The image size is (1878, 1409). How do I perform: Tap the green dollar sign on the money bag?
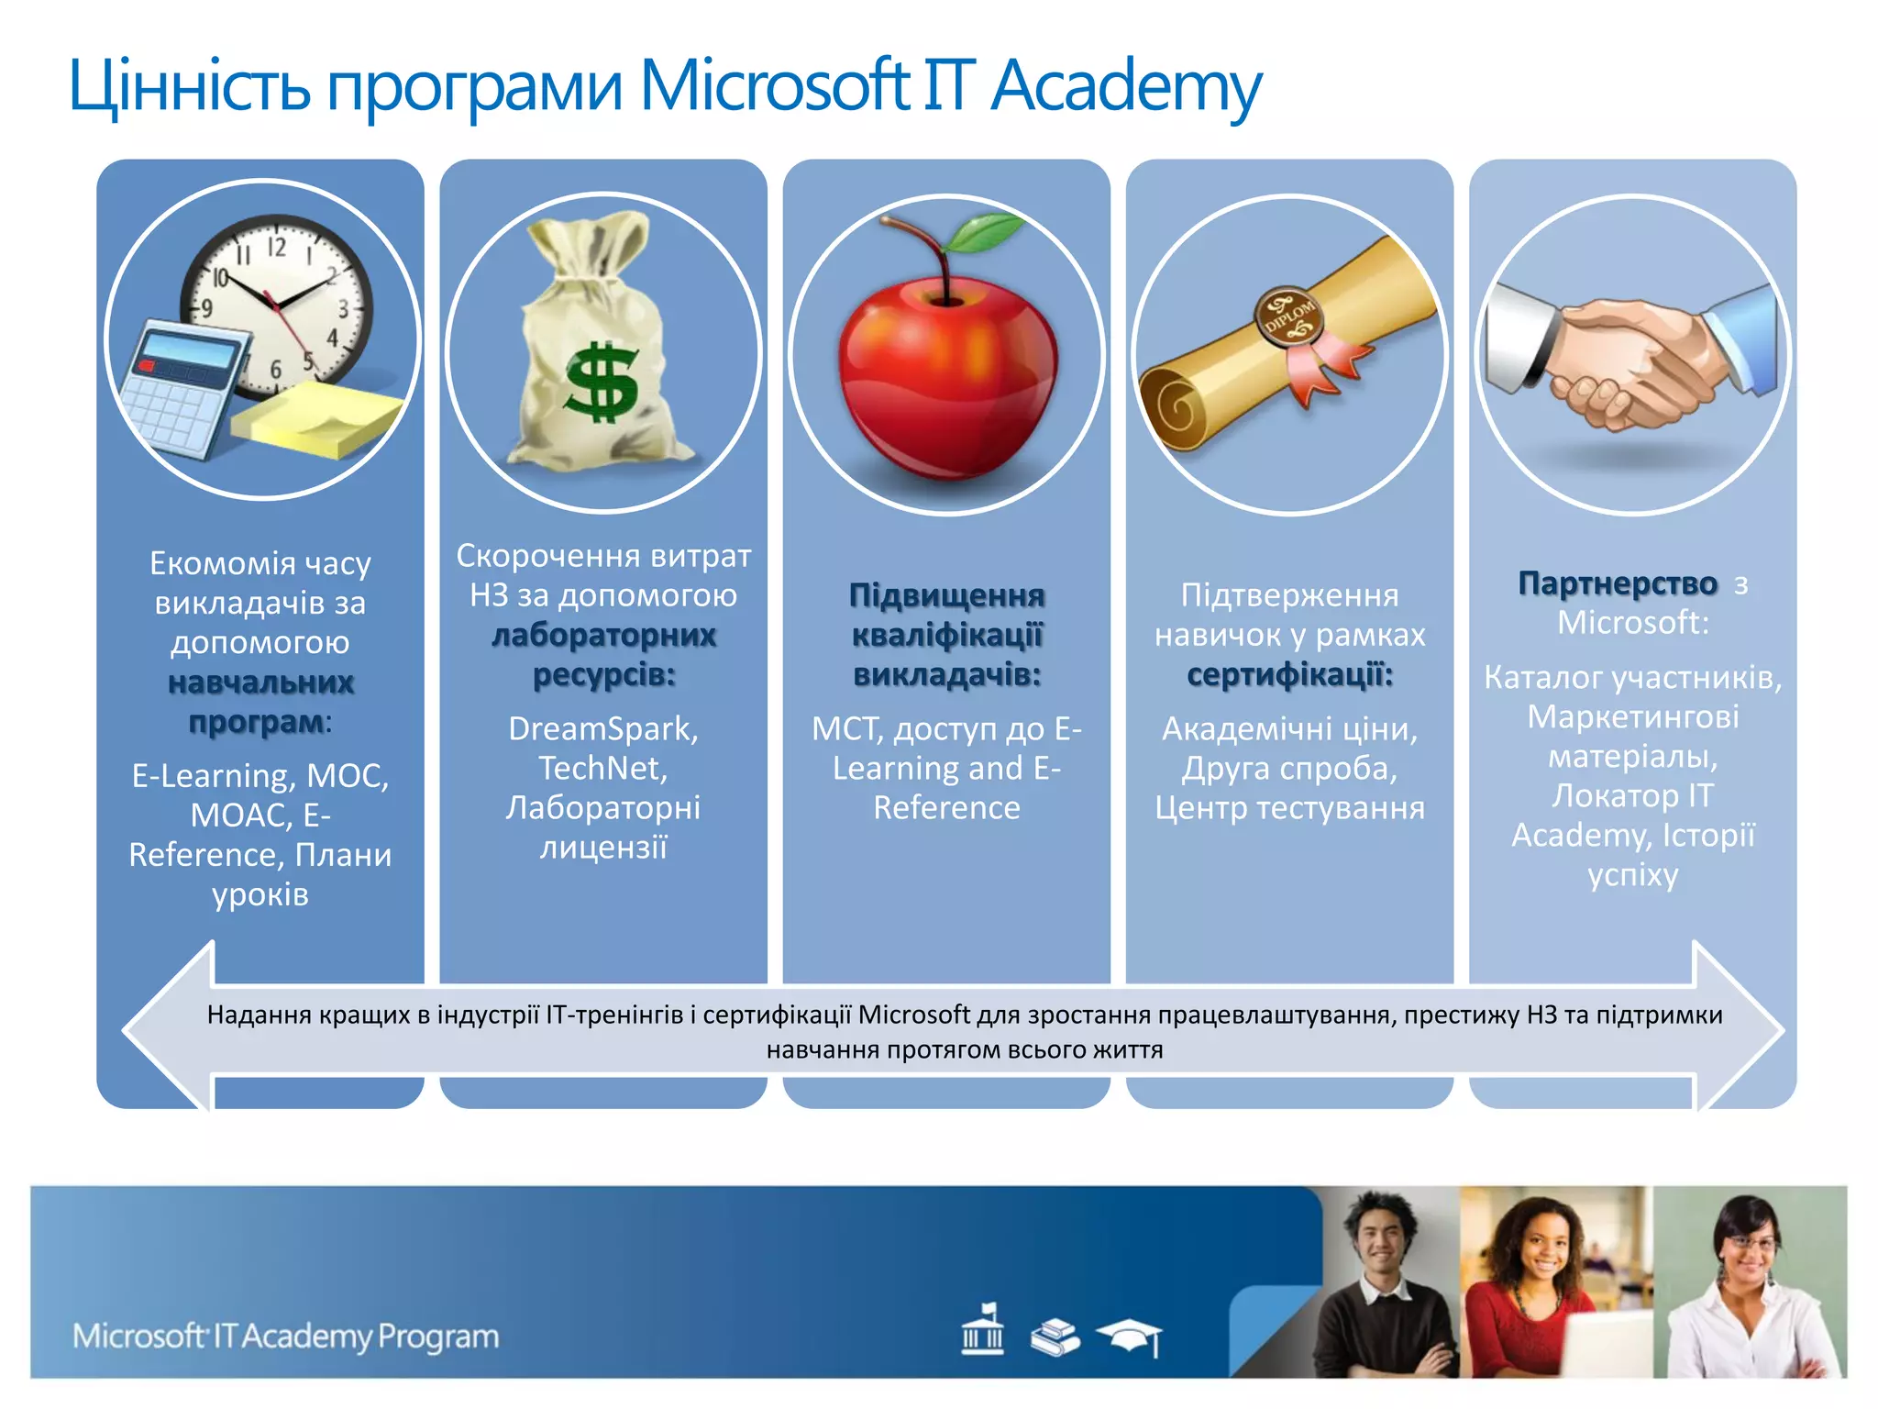pos(602,381)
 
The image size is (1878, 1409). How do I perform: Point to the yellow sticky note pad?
pos(316,420)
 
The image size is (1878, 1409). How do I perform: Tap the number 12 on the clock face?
pos(277,247)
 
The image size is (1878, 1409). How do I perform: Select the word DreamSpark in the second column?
pos(603,728)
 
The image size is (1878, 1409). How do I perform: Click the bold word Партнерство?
pos(1618,583)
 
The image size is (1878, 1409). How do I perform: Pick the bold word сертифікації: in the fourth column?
pos(1289,675)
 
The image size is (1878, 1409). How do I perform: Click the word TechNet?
pos(602,768)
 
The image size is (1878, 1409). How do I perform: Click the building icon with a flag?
pos(982,1329)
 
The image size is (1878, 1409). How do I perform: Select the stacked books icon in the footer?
pos(1055,1337)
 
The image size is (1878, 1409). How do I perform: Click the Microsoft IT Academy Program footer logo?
pos(286,1337)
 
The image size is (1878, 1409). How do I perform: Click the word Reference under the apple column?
pos(946,807)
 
